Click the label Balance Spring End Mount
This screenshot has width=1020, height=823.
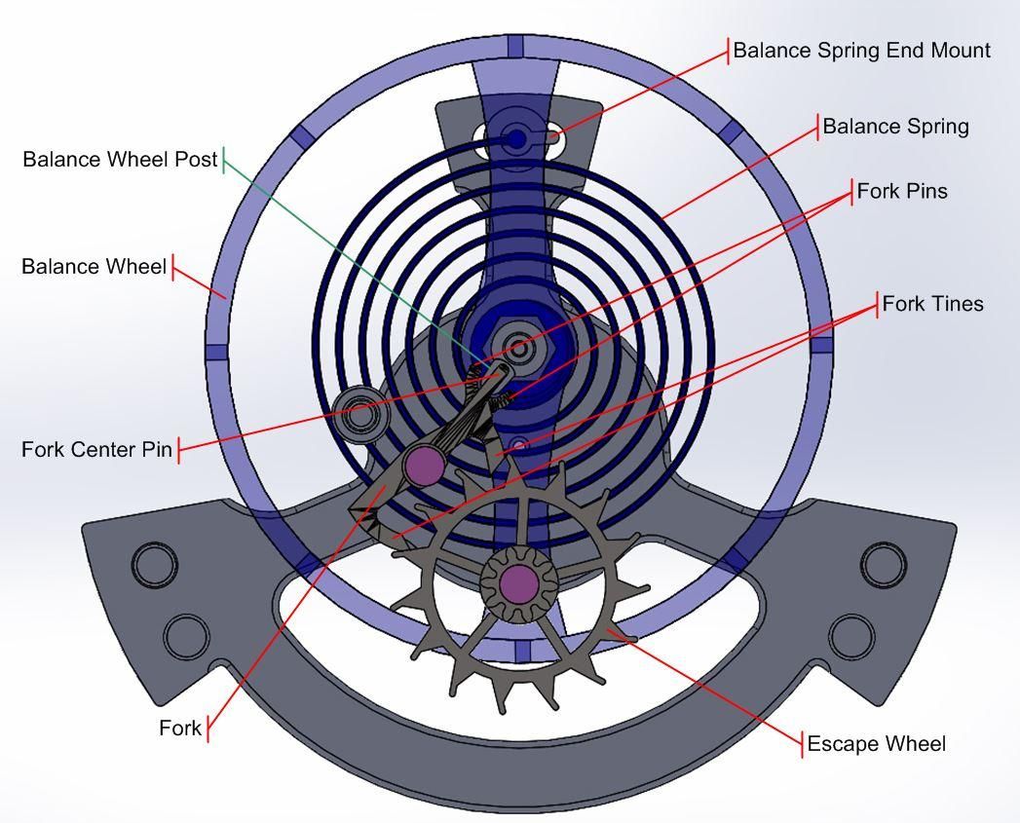click(x=861, y=50)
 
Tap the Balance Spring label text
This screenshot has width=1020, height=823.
click(x=895, y=127)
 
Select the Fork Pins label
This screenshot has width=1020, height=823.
click(x=902, y=191)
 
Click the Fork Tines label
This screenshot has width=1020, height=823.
click(x=932, y=304)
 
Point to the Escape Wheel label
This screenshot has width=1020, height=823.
click(x=876, y=744)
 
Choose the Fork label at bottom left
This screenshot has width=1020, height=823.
click(x=180, y=728)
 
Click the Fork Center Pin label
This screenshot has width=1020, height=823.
click(x=96, y=450)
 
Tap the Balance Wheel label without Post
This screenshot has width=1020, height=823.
click(x=94, y=266)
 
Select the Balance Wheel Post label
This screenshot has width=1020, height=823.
click(x=120, y=159)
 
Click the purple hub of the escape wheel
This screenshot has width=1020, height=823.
click(x=518, y=582)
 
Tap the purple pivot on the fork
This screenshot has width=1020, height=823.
click(x=424, y=466)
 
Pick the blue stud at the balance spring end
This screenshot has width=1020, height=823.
click(x=515, y=139)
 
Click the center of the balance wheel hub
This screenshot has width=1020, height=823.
click(x=518, y=348)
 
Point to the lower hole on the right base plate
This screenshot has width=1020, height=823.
click(x=851, y=635)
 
